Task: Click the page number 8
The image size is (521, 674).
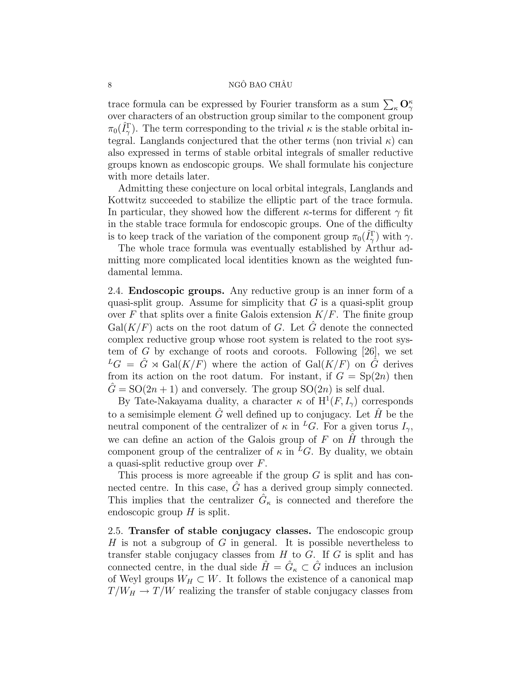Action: (110, 85)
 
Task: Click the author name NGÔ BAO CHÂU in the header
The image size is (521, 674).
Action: (260, 85)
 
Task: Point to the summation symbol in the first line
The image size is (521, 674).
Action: (387, 105)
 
